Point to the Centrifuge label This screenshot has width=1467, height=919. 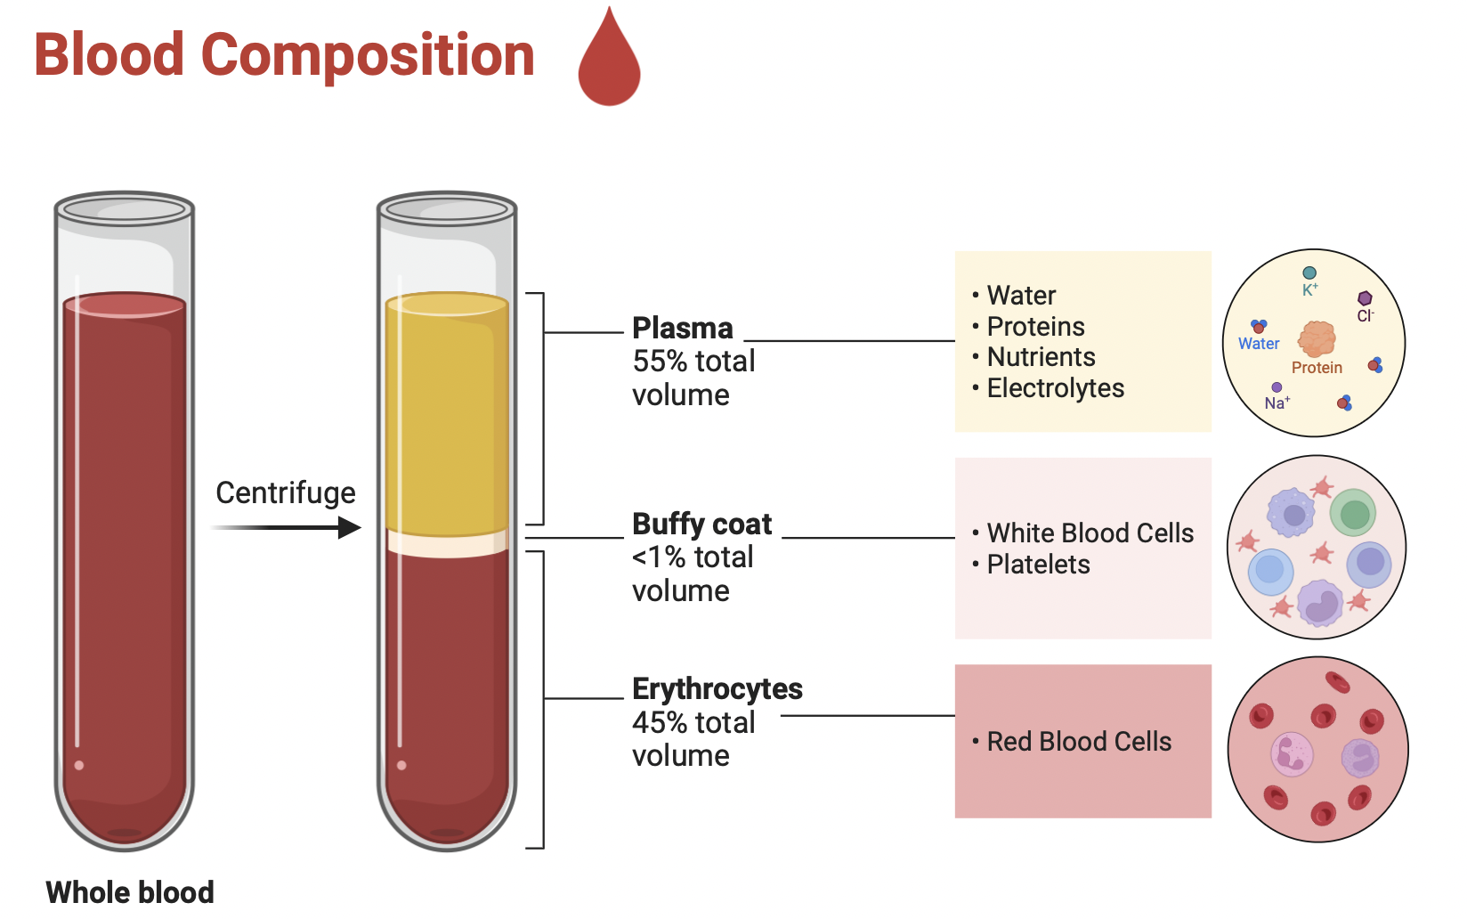point(286,492)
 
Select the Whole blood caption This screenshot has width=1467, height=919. point(130,891)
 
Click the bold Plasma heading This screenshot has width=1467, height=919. point(682,328)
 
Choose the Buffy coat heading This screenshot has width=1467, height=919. point(701,524)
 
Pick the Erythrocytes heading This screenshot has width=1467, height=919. point(717,688)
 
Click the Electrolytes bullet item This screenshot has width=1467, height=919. point(1055,388)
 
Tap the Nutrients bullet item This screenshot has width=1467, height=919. point(1041,357)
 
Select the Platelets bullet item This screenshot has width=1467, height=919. point(1038,565)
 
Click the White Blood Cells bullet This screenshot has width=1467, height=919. point(1090,533)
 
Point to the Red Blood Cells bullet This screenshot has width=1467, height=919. point(1079,742)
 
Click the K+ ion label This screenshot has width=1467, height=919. point(1309,289)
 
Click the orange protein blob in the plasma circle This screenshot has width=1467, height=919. point(1317,339)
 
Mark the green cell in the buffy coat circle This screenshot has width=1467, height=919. point(1354,514)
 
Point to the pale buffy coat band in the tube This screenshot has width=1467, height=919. point(447,543)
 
